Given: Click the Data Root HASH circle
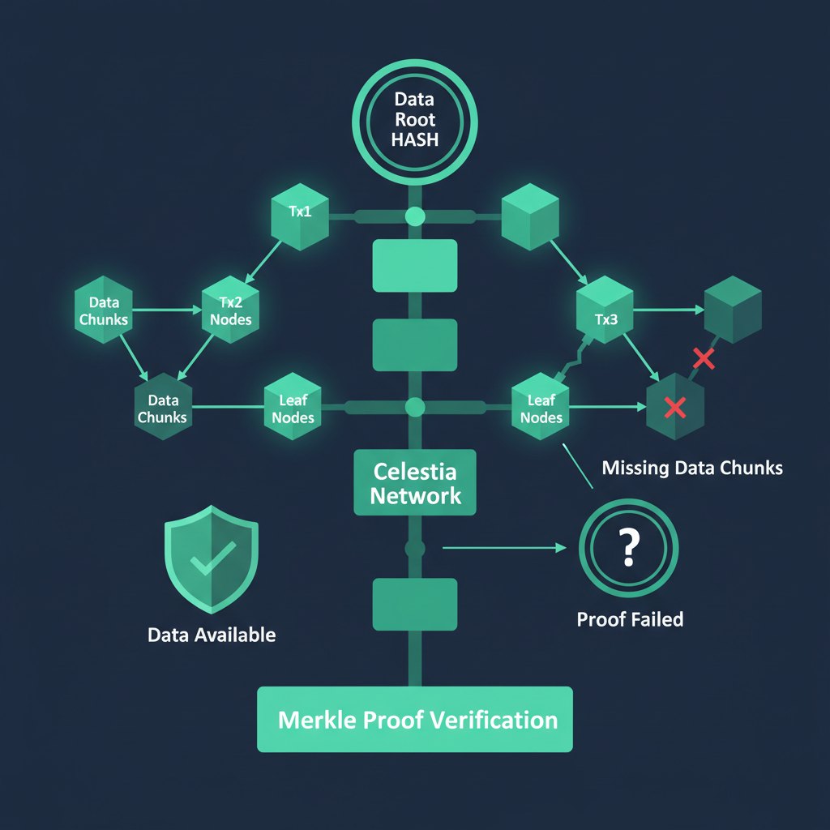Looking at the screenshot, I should [x=415, y=119].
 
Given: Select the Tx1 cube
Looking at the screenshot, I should [x=300, y=215].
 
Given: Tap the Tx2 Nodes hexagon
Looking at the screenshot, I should [x=230, y=310].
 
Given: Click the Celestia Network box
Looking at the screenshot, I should [x=415, y=483].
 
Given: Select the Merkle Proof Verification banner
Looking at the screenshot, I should [x=415, y=720].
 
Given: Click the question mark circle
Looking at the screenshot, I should [x=629, y=549].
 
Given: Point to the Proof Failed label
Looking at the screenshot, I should [x=630, y=620].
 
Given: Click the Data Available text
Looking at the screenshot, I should [x=212, y=635].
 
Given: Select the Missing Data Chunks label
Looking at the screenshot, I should [x=692, y=468].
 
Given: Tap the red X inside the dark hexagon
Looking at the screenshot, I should [x=674, y=407].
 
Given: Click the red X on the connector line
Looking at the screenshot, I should [x=704, y=357].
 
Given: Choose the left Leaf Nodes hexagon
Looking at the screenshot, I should [x=293, y=408].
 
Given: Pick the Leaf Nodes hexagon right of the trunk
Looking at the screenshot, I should [x=541, y=408].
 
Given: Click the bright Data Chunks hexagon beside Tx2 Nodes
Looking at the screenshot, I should [x=103, y=310].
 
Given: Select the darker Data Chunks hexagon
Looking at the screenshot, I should [x=162, y=408].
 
